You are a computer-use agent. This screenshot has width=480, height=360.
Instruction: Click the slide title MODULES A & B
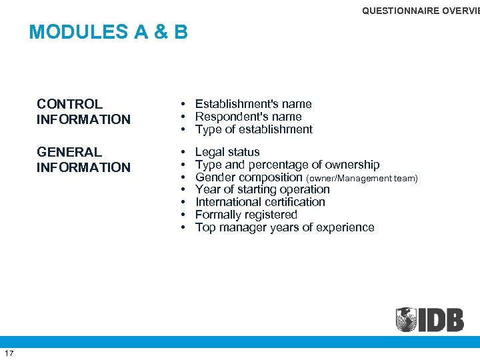(x=109, y=32)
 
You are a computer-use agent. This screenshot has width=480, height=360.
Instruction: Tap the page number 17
(x=9, y=353)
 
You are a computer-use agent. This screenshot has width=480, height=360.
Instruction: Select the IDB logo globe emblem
(x=406, y=319)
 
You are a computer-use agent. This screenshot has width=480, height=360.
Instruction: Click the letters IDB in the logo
(x=441, y=319)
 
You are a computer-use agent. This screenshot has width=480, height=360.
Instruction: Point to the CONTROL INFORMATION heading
(x=83, y=111)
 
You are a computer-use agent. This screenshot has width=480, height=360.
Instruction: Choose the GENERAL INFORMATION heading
(x=83, y=159)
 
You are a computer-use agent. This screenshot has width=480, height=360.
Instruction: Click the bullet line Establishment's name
(x=253, y=104)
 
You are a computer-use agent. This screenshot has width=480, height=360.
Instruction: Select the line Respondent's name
(x=249, y=117)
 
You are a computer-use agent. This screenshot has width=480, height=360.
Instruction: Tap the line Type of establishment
(x=253, y=129)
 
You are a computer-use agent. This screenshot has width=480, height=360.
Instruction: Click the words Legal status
(x=227, y=152)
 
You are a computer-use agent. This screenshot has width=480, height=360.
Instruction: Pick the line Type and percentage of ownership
(x=287, y=165)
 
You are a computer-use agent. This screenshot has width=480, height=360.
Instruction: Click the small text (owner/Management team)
(x=361, y=178)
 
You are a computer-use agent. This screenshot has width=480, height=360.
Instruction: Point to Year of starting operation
(x=262, y=189)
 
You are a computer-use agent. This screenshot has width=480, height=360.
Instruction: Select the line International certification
(x=260, y=202)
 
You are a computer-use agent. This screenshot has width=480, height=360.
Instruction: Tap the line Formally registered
(x=246, y=215)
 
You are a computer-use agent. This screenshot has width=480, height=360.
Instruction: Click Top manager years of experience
(x=285, y=227)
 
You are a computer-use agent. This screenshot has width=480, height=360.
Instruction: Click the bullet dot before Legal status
(x=182, y=153)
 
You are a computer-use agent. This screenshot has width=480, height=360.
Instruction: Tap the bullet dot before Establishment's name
(x=182, y=105)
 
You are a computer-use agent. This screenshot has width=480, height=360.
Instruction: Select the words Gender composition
(x=249, y=177)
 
